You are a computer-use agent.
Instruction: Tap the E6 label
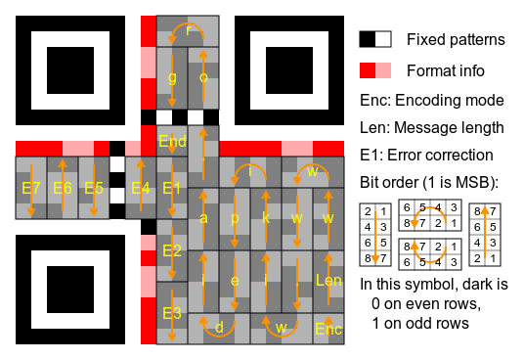[63, 187]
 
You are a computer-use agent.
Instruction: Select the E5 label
[94, 187]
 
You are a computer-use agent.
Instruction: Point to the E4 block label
[141, 187]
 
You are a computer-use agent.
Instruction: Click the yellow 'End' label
[172, 141]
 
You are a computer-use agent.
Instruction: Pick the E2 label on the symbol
[172, 250]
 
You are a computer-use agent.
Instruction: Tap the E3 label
[172, 313]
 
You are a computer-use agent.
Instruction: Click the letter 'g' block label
[172, 76]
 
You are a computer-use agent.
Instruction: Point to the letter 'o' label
[203, 76]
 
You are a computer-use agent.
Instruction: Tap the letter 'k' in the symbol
[266, 217]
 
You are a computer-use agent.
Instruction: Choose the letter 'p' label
[235, 217]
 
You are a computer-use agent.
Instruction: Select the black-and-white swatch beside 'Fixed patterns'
[375, 39]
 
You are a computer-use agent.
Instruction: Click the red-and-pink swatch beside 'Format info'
[375, 70]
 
